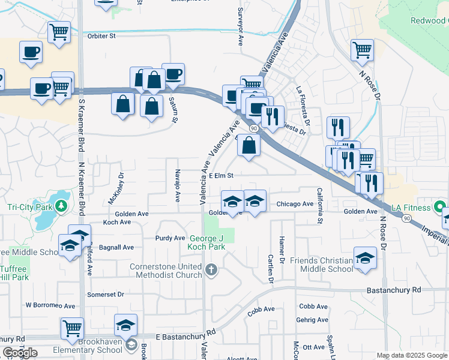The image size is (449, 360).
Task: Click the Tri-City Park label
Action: [28, 207]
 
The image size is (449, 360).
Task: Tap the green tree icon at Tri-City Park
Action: [61, 207]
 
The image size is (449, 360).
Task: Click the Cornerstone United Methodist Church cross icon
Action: [211, 271]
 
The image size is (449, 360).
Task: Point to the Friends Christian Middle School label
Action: [322, 265]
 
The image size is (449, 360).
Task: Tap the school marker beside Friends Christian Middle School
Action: [364, 259]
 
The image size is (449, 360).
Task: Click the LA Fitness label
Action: [412, 208]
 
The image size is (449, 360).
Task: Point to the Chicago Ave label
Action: [295, 204]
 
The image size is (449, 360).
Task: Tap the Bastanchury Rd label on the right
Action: [396, 290]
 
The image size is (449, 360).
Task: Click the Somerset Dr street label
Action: [105, 295]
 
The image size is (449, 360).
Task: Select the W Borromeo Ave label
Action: [50, 305]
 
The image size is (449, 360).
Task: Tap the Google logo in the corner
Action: [19, 353]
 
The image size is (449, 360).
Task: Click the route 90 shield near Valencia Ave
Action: [254, 128]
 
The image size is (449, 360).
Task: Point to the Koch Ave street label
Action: [117, 222]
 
